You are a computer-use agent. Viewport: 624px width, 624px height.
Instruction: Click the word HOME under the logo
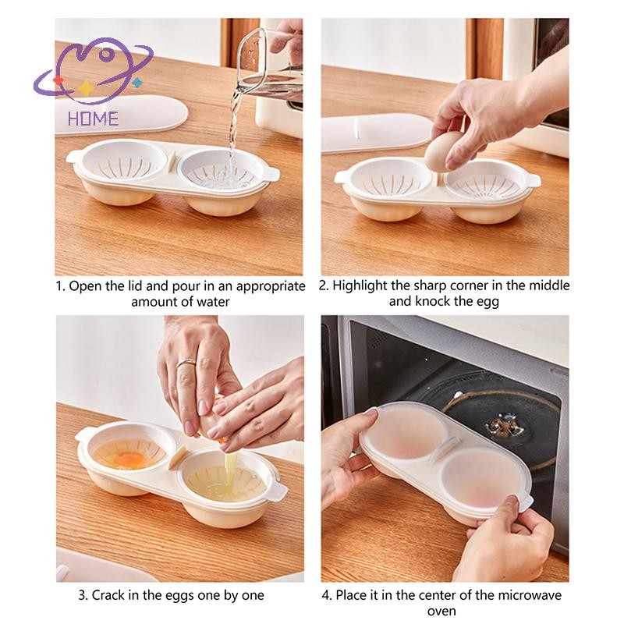coord(93,119)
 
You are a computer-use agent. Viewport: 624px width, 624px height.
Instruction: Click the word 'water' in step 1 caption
coord(211,302)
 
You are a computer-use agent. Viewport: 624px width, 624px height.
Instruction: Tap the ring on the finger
coord(186,363)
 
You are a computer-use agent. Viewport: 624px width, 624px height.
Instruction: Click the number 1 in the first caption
coord(60,286)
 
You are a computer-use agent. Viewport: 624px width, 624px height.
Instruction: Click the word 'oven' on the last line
coord(441,611)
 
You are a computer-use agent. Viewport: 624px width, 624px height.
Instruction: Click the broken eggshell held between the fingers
coord(210,426)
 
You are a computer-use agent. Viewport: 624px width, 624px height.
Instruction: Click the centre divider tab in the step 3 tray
coord(177,458)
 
